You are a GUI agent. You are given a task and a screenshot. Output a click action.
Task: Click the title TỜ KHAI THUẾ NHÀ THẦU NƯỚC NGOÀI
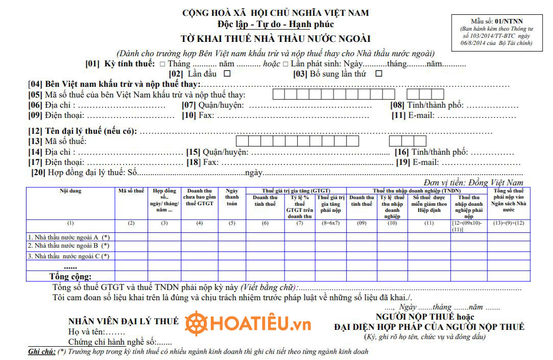point(276,39)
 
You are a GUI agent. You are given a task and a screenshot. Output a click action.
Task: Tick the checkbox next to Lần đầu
point(227,74)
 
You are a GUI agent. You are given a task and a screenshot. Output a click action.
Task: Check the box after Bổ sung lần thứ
point(378,74)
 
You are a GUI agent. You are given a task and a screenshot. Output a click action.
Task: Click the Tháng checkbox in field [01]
point(162,64)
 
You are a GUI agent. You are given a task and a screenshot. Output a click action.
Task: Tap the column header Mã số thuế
point(131,191)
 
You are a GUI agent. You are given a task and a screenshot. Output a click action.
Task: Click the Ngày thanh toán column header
point(232,197)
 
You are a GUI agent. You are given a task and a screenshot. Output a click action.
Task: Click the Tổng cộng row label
point(70,277)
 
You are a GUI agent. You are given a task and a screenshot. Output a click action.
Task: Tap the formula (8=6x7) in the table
point(331,223)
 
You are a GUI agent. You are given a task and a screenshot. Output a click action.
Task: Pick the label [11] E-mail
point(414,115)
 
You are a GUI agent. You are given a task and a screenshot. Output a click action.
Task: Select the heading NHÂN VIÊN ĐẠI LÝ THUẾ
point(124,321)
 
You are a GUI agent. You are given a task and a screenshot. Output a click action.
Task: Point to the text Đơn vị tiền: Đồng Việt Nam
point(473,182)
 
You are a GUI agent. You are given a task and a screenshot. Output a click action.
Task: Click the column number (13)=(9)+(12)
point(508,223)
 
